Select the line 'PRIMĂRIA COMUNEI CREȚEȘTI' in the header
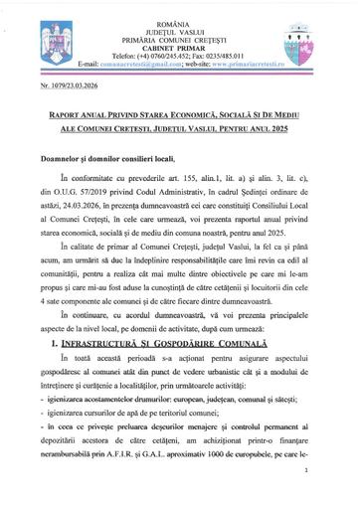click(180, 25)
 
